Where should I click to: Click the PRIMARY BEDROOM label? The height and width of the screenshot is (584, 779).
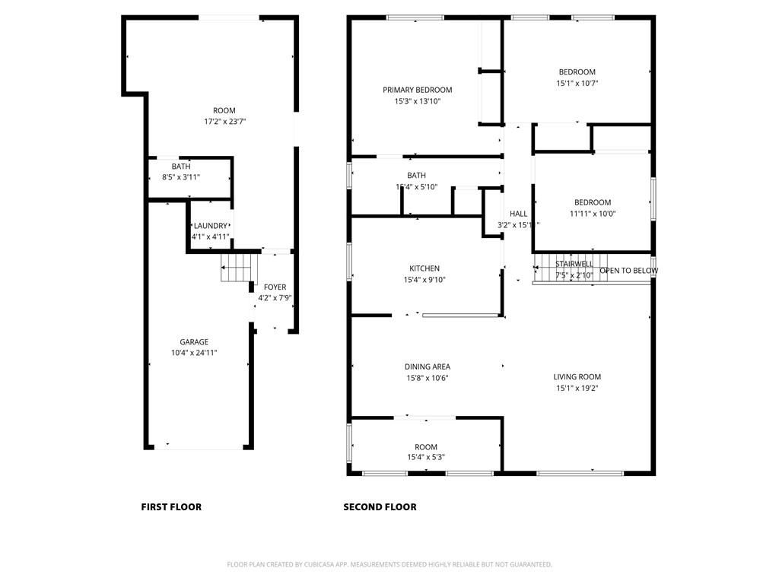417,90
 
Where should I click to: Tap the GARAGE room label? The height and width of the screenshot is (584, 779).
194,342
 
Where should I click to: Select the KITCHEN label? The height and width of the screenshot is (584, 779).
424,268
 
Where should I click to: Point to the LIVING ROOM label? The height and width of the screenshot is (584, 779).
578,376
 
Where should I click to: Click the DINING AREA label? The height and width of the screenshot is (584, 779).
427,367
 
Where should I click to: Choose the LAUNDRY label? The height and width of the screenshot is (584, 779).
210,226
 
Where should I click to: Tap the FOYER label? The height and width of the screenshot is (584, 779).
275,287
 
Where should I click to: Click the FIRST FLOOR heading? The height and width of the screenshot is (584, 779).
171,507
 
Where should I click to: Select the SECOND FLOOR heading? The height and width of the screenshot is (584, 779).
380,507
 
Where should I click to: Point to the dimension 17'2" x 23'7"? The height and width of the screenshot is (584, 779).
224,121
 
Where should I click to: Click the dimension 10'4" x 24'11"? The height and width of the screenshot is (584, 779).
194,353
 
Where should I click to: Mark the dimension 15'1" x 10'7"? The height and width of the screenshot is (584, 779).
577,84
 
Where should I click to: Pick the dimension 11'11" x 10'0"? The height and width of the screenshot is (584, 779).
593,214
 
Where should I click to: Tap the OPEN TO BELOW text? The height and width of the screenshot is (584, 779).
629,271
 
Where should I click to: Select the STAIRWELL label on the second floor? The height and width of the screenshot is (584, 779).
574,265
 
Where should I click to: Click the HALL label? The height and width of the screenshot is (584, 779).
518,214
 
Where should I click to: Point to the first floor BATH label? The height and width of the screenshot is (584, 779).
181,167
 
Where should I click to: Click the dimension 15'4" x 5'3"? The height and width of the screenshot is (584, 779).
426,457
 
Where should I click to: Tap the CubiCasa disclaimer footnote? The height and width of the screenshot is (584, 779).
389,564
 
